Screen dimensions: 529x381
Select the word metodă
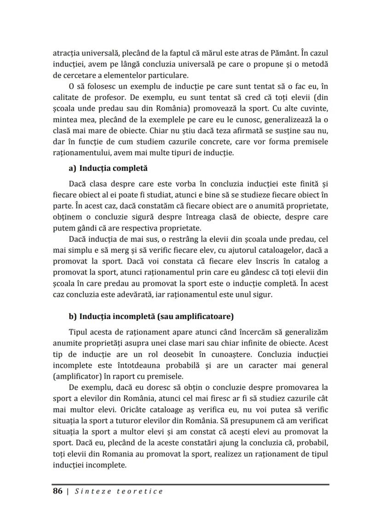[x=315, y=63]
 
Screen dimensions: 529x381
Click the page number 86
[x=58, y=491]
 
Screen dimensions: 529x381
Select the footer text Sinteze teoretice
[x=118, y=491]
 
